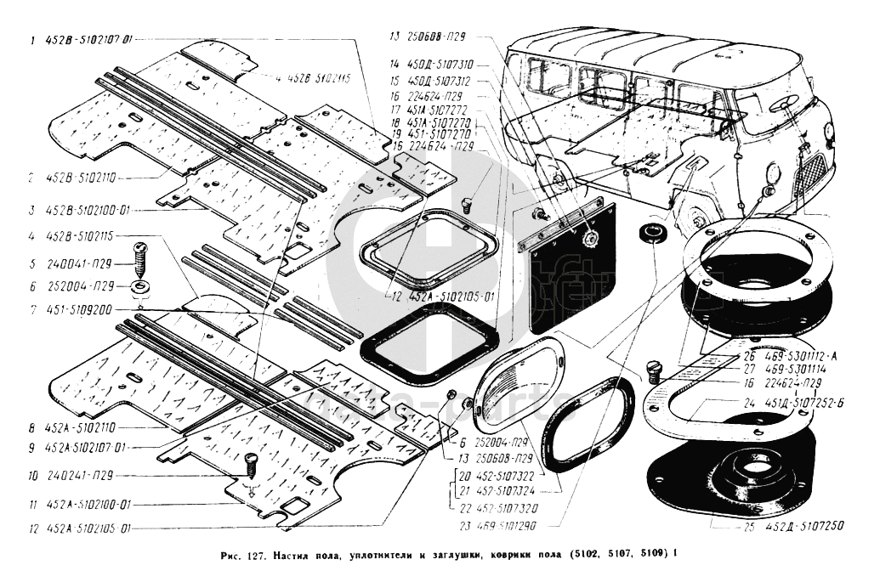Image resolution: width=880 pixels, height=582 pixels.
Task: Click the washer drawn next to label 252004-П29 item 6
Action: pos(140,285)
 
